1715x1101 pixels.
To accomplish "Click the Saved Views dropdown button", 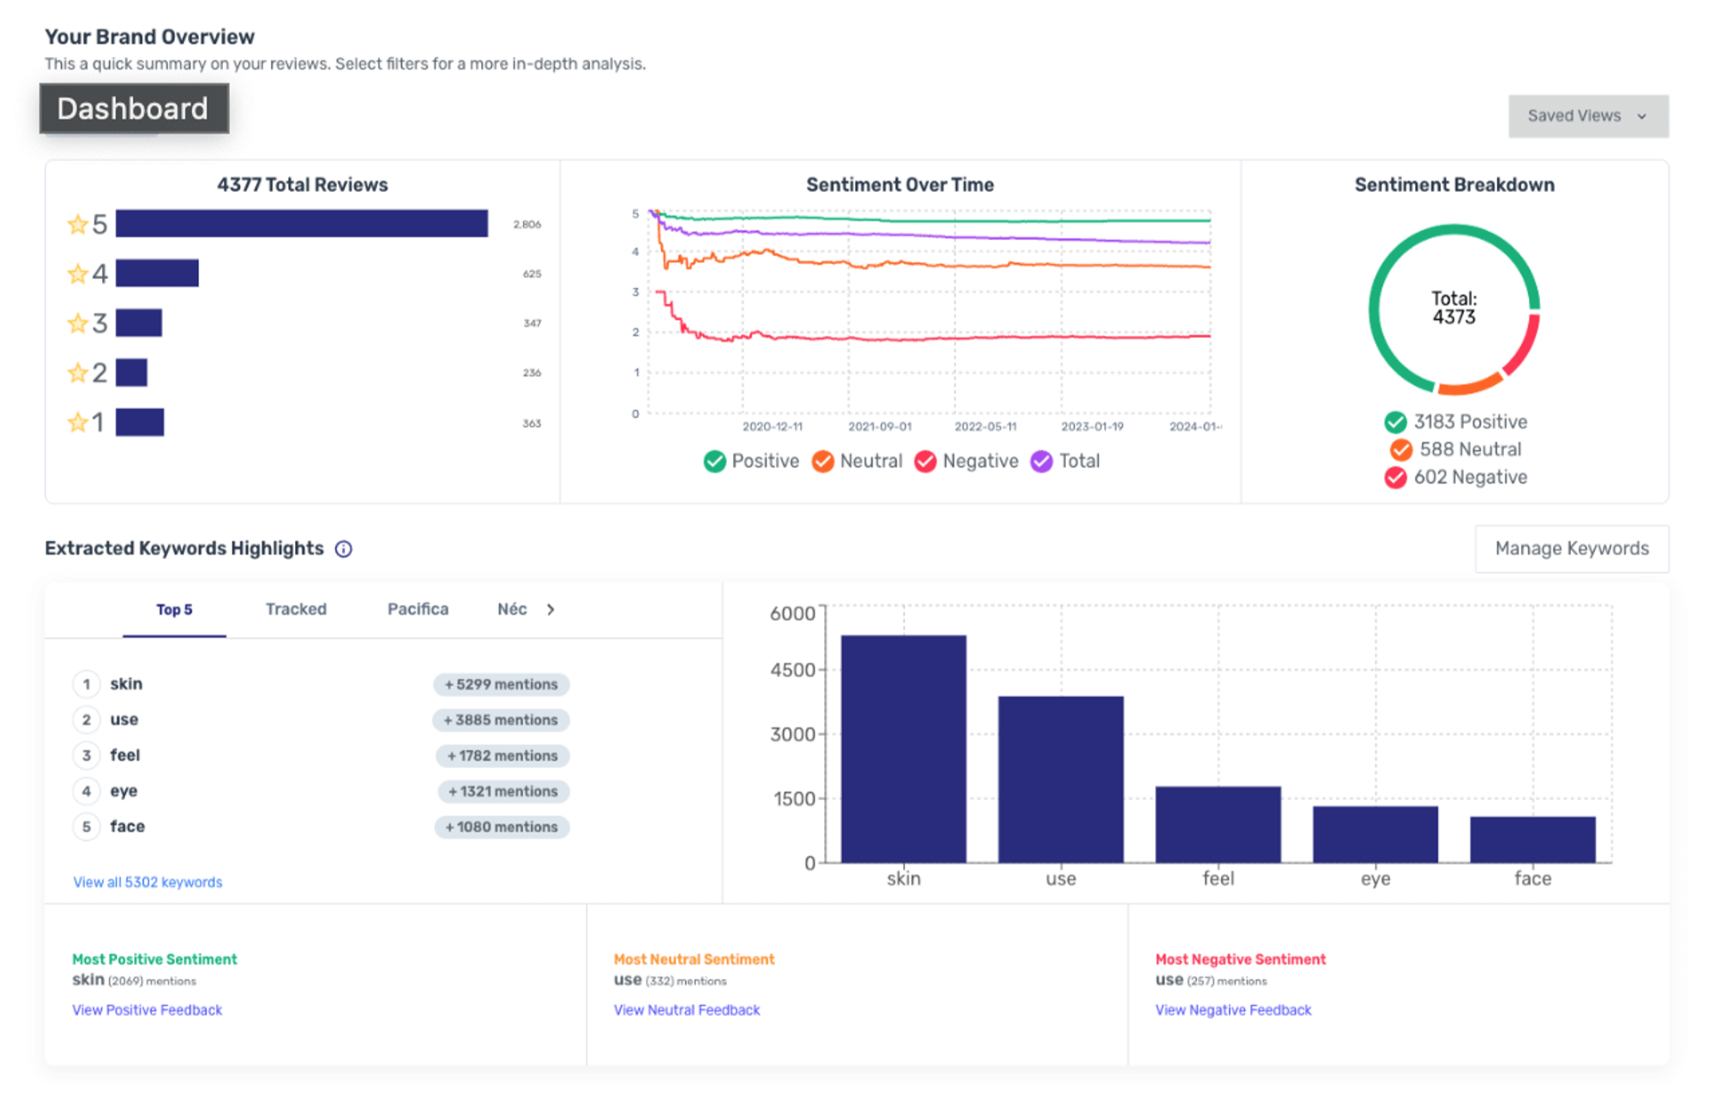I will [1587, 116].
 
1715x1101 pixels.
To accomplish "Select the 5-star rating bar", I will [301, 224].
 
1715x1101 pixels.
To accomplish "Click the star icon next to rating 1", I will [77, 423].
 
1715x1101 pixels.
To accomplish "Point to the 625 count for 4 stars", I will [532, 274].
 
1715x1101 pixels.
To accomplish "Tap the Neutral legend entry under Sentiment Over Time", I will [857, 461].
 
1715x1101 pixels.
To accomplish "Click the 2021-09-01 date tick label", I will [879, 427].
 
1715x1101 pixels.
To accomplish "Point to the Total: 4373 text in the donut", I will [1453, 308].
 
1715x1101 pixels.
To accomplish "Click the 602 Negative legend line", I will [1456, 478].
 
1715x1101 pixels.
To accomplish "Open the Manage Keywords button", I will [1571, 549].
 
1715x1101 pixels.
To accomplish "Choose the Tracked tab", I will [296, 610].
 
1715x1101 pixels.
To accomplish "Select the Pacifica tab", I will [418, 610].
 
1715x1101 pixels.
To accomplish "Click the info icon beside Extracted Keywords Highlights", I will [344, 549].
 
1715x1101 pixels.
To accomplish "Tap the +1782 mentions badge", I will [502, 756].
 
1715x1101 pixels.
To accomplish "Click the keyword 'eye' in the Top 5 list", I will [123, 791].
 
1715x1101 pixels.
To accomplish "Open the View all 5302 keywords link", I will [147, 882].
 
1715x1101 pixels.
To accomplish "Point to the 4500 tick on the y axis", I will [792, 670].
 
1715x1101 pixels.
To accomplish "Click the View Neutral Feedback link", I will [687, 1010].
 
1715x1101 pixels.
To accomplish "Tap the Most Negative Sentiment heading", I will [1240, 960].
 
